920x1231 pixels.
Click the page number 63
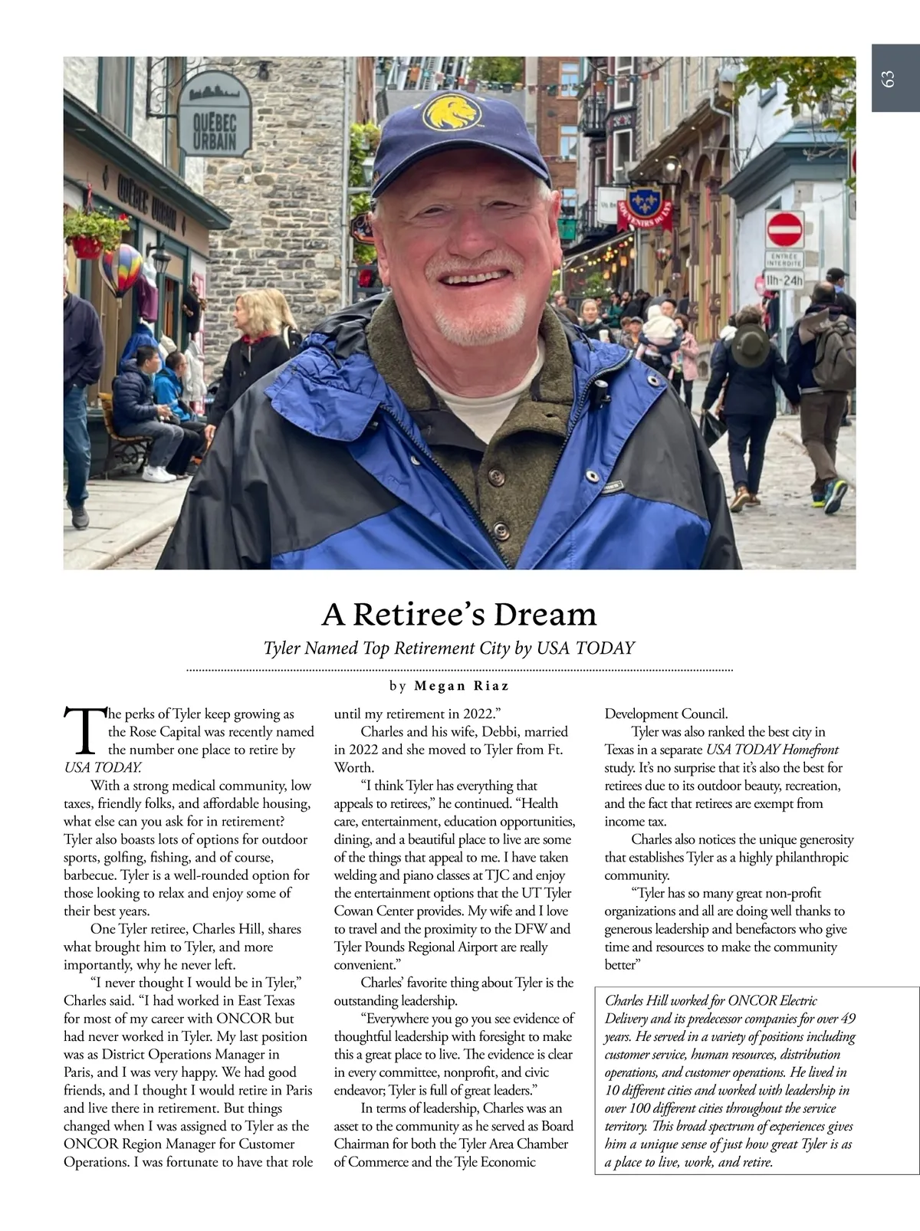point(889,79)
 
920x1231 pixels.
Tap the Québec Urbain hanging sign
point(215,114)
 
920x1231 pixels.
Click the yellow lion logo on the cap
point(452,111)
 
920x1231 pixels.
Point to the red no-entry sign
point(784,229)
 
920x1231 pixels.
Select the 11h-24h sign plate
point(784,281)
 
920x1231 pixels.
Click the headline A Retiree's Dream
point(458,614)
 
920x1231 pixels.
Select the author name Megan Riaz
point(462,685)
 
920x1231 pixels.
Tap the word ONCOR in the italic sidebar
point(751,1000)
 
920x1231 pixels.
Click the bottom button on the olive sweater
point(501,530)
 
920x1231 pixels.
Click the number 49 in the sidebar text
point(848,1019)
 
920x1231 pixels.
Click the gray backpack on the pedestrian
point(833,353)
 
